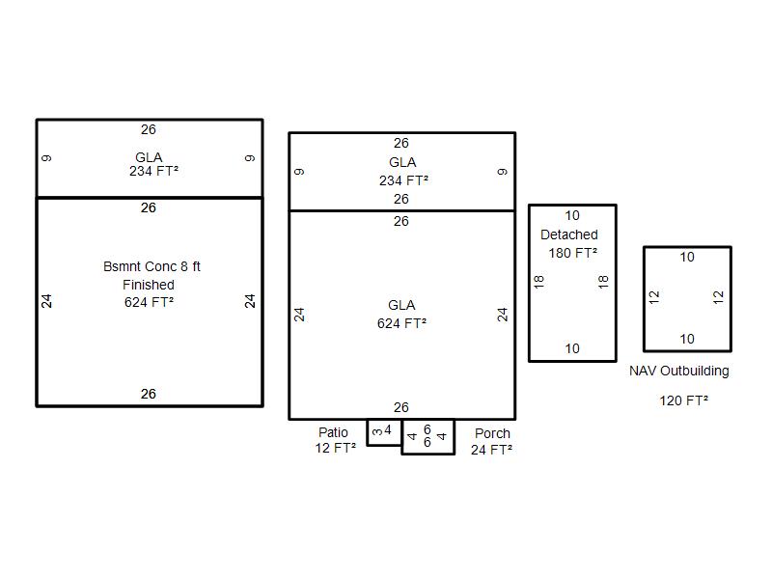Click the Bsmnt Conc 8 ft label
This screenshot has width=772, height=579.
point(152,267)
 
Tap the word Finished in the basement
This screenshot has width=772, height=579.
point(149,285)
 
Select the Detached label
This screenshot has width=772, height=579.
point(569,234)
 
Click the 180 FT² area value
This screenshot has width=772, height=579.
point(572,253)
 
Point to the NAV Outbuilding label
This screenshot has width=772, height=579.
point(679,371)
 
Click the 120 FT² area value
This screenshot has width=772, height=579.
point(684,400)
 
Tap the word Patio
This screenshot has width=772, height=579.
point(333,432)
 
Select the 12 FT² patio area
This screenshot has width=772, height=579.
point(335,448)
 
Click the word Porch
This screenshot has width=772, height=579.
point(492,433)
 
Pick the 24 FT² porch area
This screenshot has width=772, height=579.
point(491,450)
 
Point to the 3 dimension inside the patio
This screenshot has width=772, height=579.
point(377,432)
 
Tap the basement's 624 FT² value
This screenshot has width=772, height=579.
point(149,302)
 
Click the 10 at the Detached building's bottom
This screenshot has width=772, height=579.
point(572,348)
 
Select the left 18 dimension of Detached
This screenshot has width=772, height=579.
point(538,282)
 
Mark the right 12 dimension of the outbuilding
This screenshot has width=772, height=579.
point(718,297)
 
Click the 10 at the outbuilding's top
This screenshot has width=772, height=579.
point(687,257)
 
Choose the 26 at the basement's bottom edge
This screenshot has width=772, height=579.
point(149,394)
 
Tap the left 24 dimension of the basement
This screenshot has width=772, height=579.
point(46,301)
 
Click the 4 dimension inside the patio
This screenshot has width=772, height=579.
point(388,430)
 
